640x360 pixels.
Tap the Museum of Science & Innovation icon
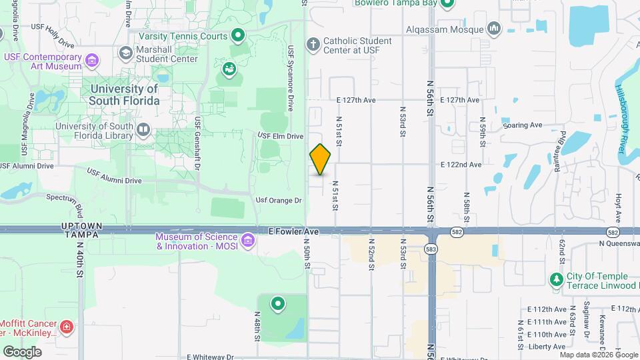[x=248, y=239]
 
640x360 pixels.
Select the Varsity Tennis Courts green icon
[x=238, y=35]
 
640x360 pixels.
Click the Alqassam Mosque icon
[x=493, y=29]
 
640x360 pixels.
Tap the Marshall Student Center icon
[x=125, y=53]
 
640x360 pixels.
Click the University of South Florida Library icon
[x=143, y=128]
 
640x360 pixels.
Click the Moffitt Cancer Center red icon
[x=66, y=327]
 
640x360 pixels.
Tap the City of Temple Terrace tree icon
[x=556, y=279]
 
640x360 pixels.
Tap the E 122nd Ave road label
[x=461, y=165]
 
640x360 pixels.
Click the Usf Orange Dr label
[x=279, y=200]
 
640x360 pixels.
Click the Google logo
[x=22, y=351]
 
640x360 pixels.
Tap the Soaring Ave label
[x=523, y=125]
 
